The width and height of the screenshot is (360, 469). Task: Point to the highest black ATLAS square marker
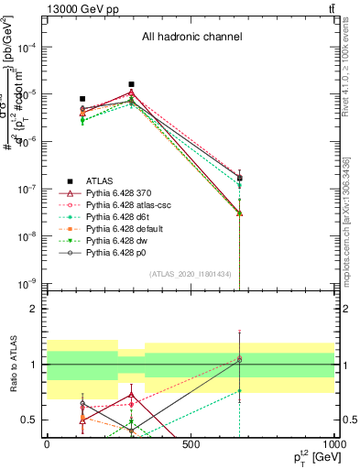[x=131, y=84]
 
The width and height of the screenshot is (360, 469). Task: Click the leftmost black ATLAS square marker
[x=82, y=99]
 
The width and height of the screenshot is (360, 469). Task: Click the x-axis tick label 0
[x=47, y=444]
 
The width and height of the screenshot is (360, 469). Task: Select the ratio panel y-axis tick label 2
[x=33, y=310]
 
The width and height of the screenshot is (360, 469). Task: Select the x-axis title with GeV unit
[x=311, y=456]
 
